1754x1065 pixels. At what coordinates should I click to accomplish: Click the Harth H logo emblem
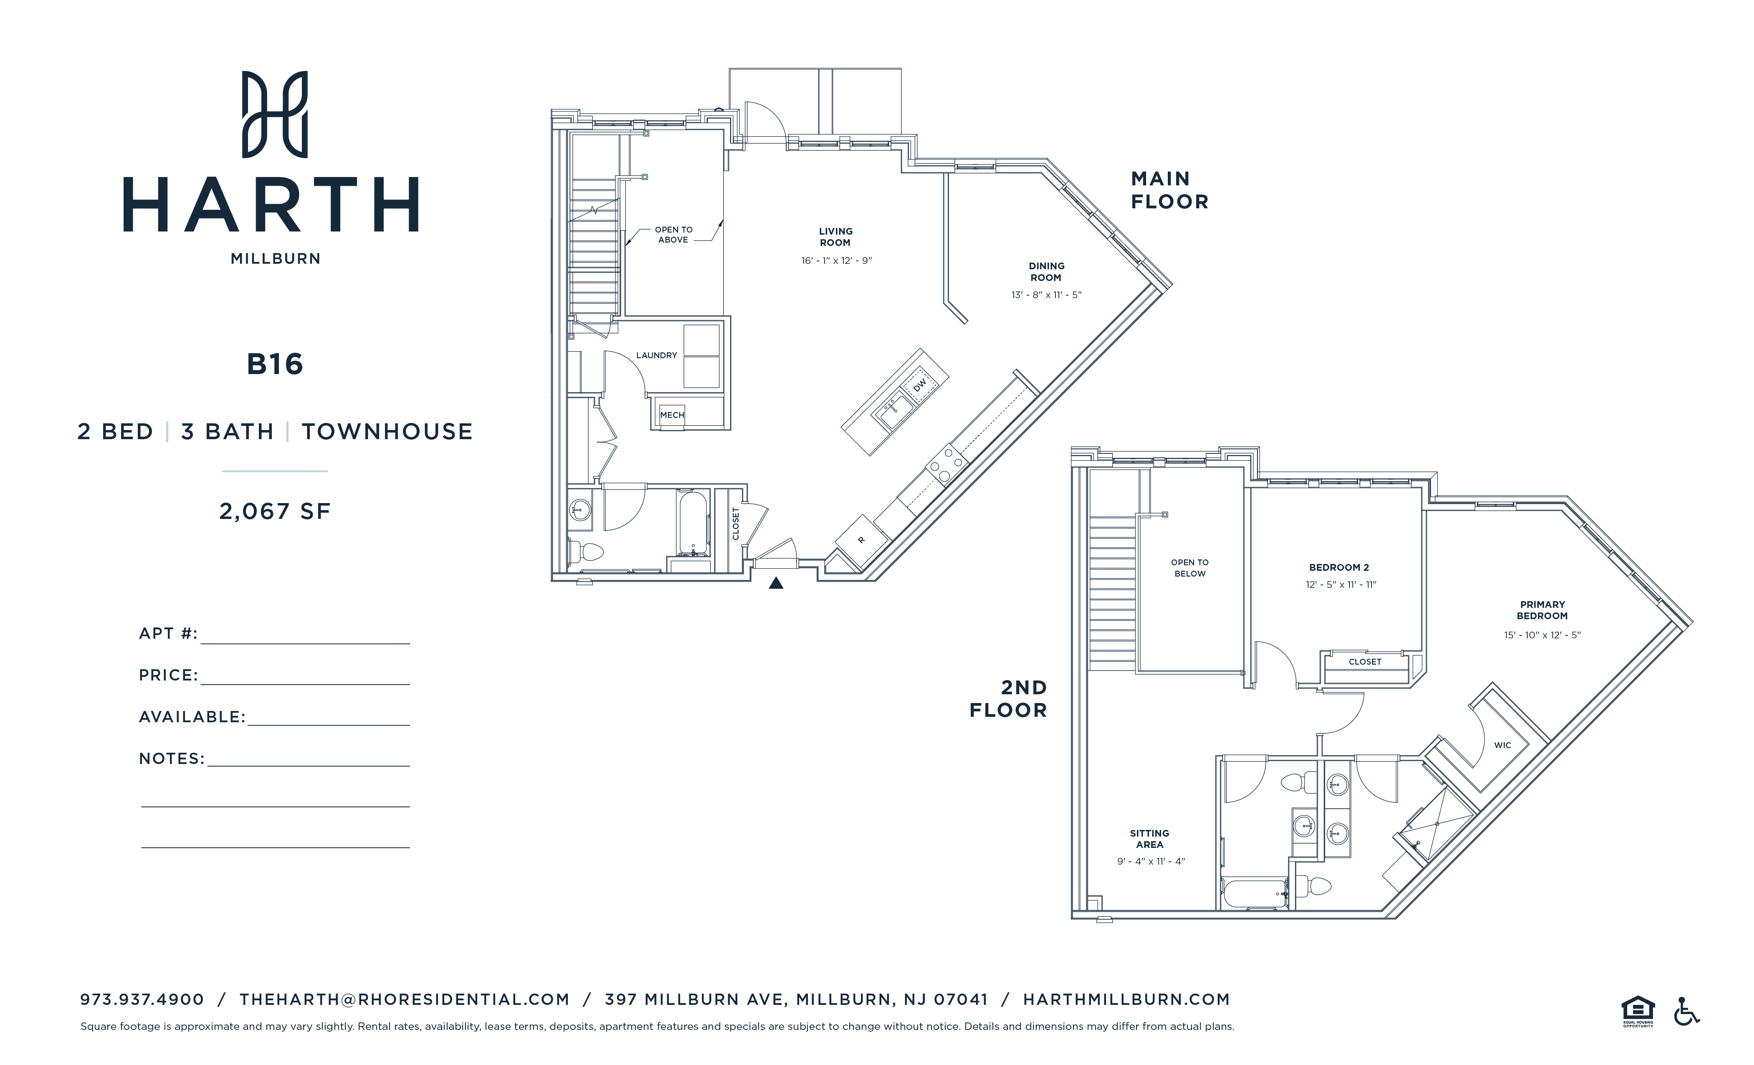275,114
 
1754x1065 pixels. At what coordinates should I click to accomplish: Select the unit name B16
275,364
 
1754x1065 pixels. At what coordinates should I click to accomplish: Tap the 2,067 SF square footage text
275,511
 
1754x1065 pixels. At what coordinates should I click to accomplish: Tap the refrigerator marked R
861,540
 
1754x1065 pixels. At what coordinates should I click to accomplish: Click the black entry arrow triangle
776,584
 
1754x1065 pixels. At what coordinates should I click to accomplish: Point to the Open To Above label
673,235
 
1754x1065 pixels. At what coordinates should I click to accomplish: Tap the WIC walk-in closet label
1502,745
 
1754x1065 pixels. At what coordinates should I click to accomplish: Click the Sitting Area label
1149,839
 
